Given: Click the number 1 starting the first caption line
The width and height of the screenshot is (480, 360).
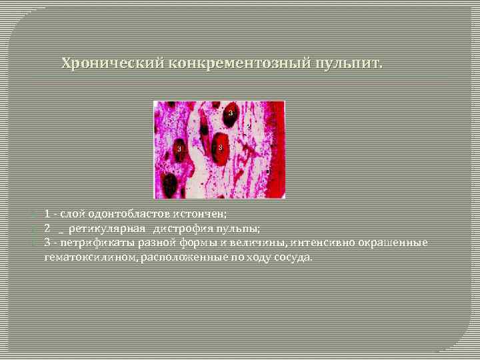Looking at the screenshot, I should tap(47, 214).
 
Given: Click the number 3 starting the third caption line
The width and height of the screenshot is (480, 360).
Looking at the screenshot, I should tap(47, 242).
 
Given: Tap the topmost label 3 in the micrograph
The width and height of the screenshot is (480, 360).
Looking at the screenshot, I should tap(231, 114).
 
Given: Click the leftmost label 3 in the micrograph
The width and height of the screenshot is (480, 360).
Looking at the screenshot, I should tap(179, 149).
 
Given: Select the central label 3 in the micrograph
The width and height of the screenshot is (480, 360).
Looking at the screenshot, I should tap(220, 147).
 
